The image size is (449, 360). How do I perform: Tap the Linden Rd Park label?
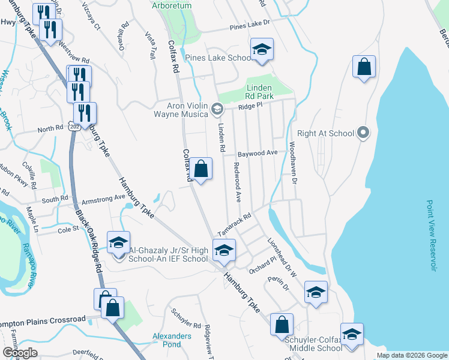260,92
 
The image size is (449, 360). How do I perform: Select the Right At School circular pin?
363,133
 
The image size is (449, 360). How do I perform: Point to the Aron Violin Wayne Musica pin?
217,109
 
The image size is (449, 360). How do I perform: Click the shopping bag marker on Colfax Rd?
202,169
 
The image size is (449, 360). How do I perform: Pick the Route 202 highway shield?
74,127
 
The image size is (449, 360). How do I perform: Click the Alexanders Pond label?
172,340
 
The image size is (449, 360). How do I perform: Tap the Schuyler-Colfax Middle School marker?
352,334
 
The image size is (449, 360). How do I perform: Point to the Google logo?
20,352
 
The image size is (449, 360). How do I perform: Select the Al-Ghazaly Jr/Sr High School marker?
119,242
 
